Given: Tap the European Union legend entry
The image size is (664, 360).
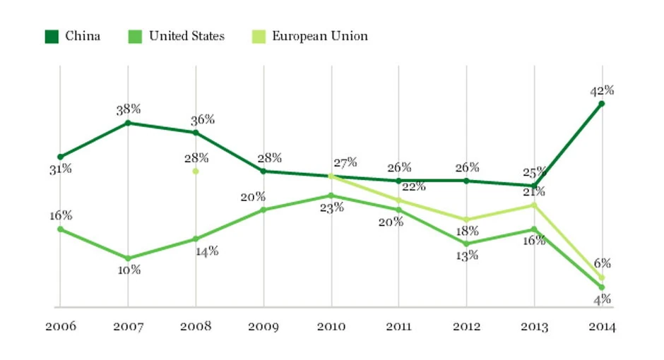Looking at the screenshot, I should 311,36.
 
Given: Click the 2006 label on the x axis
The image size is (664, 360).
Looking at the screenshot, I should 60,327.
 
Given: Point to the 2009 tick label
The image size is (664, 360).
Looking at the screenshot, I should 263,327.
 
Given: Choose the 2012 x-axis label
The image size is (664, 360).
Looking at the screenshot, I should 466,327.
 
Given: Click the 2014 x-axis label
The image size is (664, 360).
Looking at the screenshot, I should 602,327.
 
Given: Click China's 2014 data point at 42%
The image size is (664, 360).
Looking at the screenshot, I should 602,104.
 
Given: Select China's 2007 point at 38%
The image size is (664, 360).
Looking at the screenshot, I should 128,123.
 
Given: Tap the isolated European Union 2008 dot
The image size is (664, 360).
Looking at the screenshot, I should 196,171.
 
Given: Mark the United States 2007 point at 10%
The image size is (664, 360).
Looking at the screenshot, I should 128,258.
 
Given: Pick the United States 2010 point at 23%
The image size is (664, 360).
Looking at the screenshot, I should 331,196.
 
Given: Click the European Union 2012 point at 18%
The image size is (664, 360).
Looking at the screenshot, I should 466,220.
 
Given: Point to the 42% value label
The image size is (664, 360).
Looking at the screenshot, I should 603,90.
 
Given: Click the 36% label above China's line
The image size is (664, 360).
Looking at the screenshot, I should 203,119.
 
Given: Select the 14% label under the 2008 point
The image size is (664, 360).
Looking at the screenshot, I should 207,251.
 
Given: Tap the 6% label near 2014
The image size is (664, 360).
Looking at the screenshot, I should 602,263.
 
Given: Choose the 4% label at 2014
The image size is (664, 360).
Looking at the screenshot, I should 602,299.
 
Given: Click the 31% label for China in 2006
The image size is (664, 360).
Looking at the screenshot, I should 60,169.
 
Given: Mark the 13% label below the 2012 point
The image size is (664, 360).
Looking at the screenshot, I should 467,256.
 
